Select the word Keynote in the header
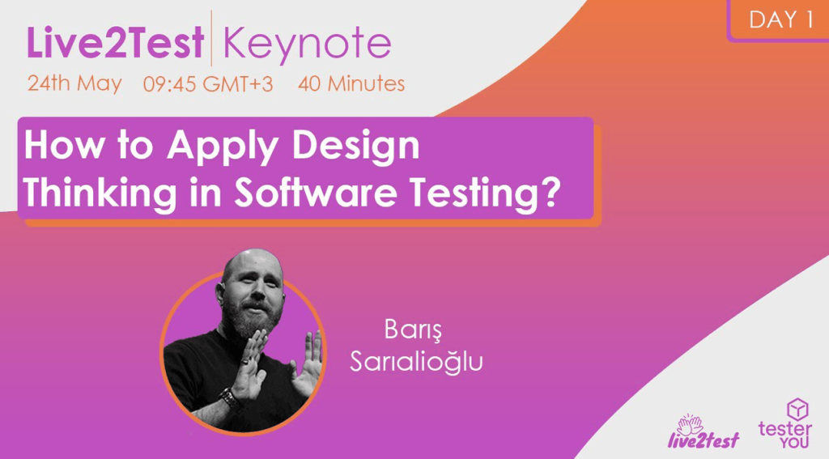tap(306, 45)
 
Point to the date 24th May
tap(74, 83)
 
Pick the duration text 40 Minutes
tap(351, 83)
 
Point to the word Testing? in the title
tap(485, 193)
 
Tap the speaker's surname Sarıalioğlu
tap(415, 362)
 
